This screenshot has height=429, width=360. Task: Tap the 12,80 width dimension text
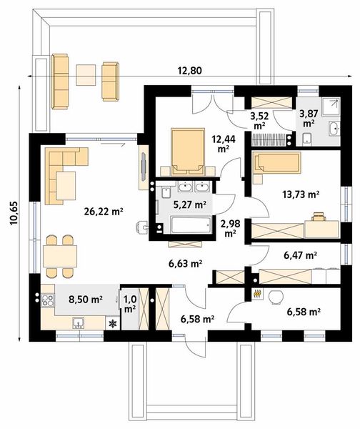coord(190,71)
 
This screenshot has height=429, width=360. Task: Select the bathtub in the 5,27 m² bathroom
coord(191,225)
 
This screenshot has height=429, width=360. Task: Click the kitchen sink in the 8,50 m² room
coord(78,323)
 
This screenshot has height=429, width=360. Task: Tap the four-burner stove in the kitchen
coord(48,300)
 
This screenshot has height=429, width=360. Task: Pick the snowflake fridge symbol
coord(112,324)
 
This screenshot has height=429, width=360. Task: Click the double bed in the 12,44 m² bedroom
coord(188,152)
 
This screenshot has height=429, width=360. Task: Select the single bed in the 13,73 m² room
coord(276,163)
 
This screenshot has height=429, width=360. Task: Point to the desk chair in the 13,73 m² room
coord(319,217)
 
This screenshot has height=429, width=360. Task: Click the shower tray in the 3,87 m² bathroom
coord(331,107)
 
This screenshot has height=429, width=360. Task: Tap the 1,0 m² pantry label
coord(130,304)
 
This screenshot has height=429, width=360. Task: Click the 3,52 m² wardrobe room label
coord(259,121)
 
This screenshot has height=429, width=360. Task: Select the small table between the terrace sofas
coord(86,74)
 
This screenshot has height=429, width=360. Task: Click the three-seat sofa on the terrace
coord(60,82)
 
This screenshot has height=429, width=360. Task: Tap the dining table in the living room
coord(60,256)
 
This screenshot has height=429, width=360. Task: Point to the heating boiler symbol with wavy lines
coord(256,294)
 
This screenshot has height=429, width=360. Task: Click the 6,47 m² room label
coord(301,255)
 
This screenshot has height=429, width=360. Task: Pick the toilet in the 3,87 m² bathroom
coord(307,139)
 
